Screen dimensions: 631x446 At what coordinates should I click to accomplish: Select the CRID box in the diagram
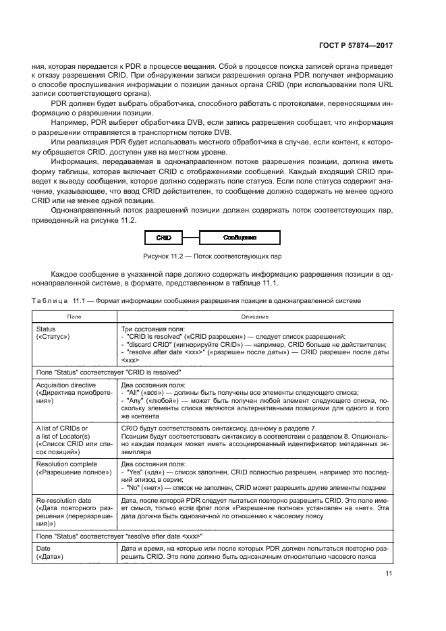163,238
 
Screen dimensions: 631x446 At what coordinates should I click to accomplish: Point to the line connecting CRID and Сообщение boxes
190,238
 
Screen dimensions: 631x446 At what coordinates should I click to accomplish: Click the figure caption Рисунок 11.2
212,256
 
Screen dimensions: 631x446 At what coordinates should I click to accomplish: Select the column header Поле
75,316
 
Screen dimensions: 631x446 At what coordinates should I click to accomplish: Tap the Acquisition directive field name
65,383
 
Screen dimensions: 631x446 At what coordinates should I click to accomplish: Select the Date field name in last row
44,549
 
